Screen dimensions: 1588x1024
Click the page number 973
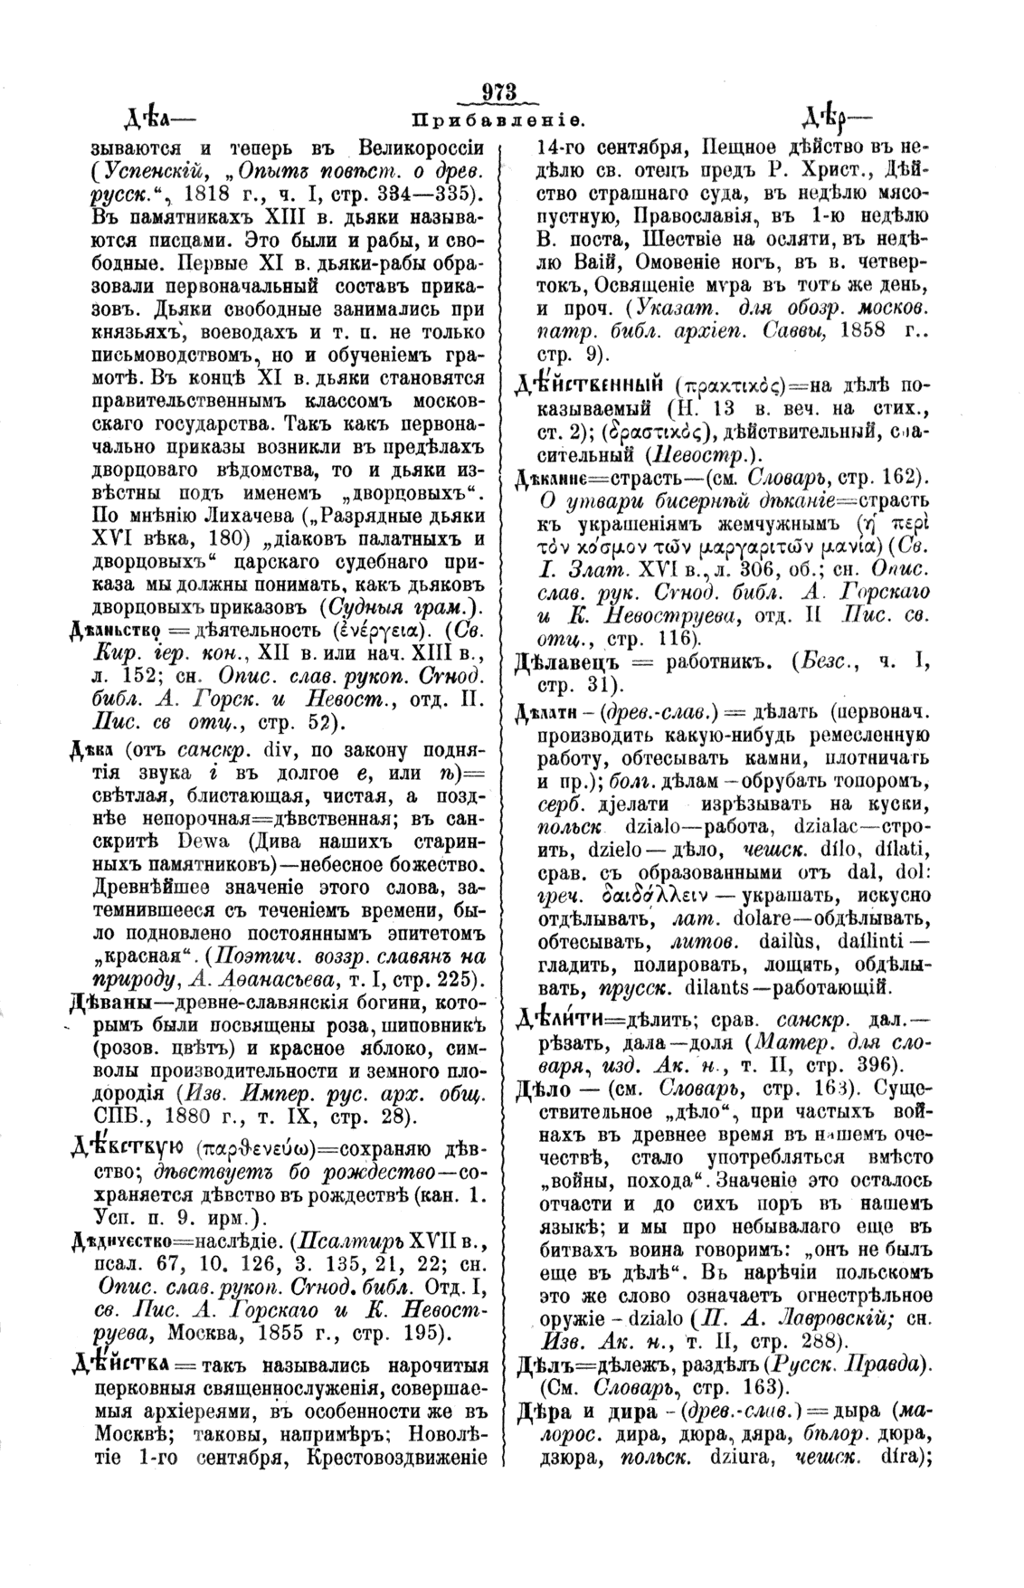tap(499, 92)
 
